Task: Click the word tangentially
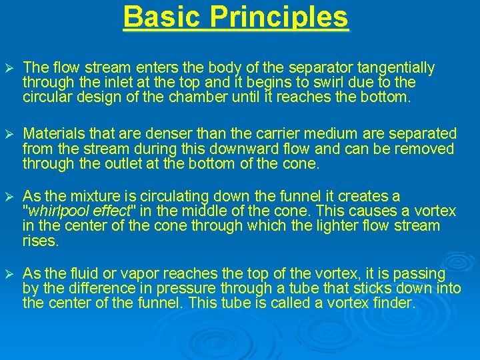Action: [396, 68]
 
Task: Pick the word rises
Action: [41, 241]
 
